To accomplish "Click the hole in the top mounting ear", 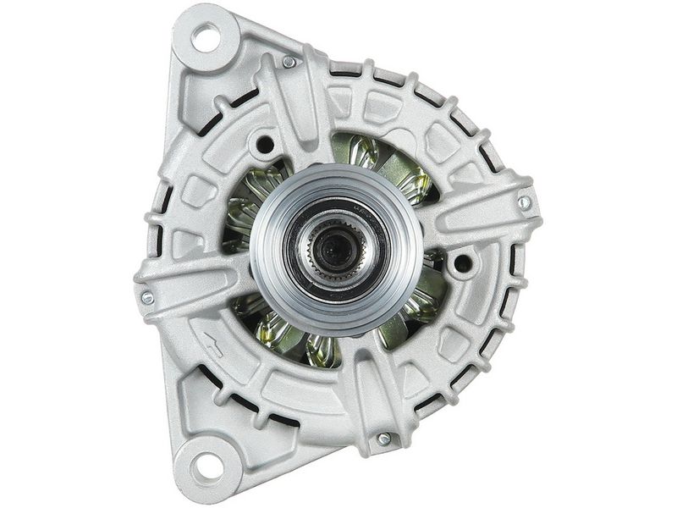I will [206, 37].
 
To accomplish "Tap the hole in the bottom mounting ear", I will [204, 465].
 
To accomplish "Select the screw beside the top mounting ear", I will [289, 62].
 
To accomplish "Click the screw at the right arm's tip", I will [524, 203].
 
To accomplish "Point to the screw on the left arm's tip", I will [147, 297].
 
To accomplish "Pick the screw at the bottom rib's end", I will [383, 439].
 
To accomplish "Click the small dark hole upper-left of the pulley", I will [265, 144].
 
